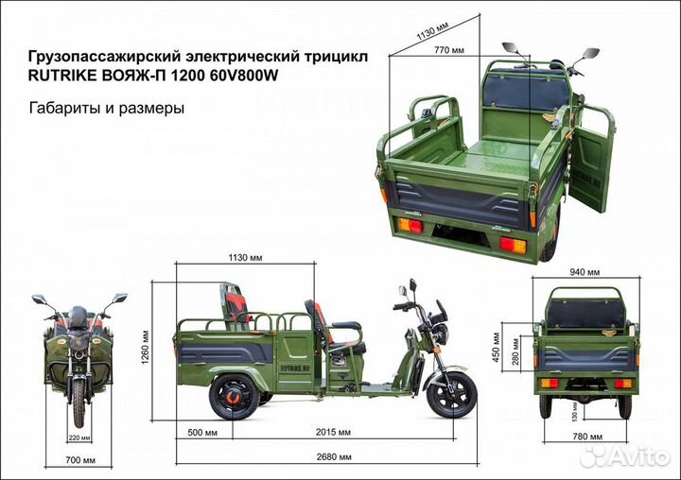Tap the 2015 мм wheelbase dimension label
[330, 433]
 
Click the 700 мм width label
[79, 460]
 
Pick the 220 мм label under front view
[79, 437]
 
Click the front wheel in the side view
[451, 394]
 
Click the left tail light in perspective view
[410, 226]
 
